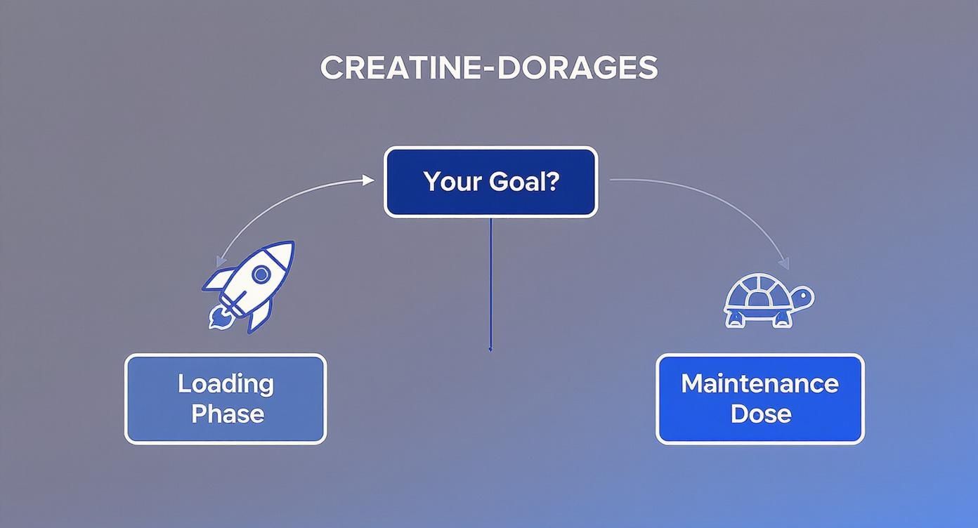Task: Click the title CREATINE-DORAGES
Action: pyautogui.click(x=489, y=67)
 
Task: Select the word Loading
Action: pyautogui.click(x=226, y=383)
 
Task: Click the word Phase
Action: pyautogui.click(x=227, y=414)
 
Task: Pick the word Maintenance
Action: pyautogui.click(x=759, y=383)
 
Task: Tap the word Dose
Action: pyautogui.click(x=760, y=414)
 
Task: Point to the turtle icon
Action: pyautogui.click(x=767, y=301)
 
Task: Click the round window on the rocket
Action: pyautogui.click(x=261, y=273)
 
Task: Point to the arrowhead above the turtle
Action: pyautogui.click(x=784, y=264)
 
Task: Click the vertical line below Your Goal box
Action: pyautogui.click(x=490, y=281)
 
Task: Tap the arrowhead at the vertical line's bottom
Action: pyautogui.click(x=490, y=348)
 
